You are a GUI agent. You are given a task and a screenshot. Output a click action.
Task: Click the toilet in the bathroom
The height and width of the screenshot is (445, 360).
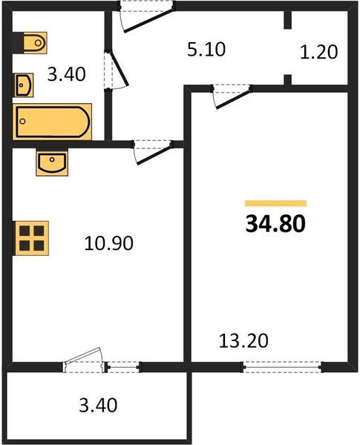(32, 43)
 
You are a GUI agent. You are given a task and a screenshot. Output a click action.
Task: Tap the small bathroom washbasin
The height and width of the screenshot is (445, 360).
(23, 85)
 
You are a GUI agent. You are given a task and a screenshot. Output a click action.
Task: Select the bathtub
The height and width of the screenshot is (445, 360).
(53, 122)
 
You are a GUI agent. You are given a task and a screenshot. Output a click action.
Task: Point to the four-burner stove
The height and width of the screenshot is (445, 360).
(29, 239)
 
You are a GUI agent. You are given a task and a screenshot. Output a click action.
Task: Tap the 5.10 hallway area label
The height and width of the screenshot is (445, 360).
(204, 50)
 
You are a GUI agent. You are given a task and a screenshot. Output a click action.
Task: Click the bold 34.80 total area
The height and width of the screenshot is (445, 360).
(275, 223)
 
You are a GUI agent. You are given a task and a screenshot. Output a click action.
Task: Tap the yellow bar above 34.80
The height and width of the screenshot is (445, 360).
(275, 202)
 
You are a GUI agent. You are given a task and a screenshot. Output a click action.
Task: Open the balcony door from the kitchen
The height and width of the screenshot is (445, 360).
(83, 360)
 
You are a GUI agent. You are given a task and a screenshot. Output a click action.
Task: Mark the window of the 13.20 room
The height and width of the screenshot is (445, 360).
(283, 365)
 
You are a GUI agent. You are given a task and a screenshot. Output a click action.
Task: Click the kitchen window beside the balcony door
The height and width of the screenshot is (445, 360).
(122, 365)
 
